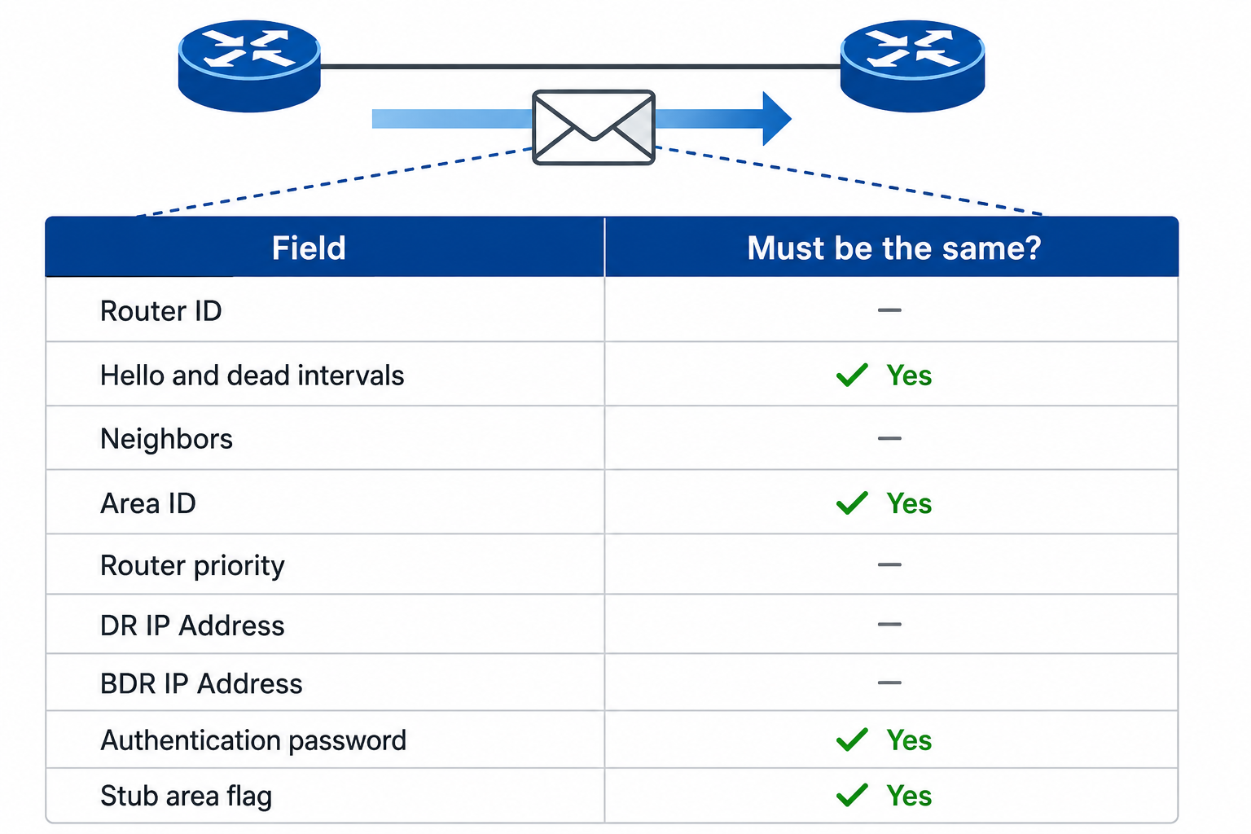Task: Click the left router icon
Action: pyautogui.click(x=249, y=66)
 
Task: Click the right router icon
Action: pyautogui.click(x=912, y=66)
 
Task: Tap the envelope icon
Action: pyautogui.click(x=594, y=127)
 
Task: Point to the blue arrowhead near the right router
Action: pyautogui.click(x=777, y=118)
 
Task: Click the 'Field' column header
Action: pyautogui.click(x=309, y=248)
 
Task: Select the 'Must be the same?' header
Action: pyautogui.click(x=894, y=248)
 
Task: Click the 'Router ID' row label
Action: pyautogui.click(x=160, y=310)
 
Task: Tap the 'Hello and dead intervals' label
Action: pyautogui.click(x=252, y=375)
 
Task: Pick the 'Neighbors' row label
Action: pyautogui.click(x=166, y=438)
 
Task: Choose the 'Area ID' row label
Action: pyautogui.click(x=148, y=503)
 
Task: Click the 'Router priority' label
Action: pyautogui.click(x=193, y=565)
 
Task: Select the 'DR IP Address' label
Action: pyautogui.click(x=192, y=625)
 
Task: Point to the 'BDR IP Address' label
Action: pyautogui.click(x=201, y=683)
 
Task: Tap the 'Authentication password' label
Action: pyautogui.click(x=253, y=740)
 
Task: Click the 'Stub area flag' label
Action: pyautogui.click(x=186, y=796)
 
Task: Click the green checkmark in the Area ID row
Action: pyautogui.click(x=852, y=503)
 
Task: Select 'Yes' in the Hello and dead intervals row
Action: pyautogui.click(x=909, y=375)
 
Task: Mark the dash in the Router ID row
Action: pyautogui.click(x=889, y=310)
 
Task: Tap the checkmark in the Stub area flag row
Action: pyautogui.click(x=852, y=796)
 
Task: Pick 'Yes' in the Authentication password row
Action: pyautogui.click(x=909, y=740)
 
